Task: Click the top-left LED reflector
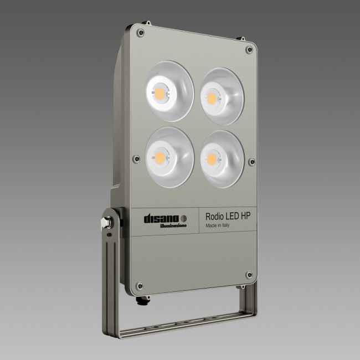(169, 90)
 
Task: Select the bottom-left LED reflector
(169, 157)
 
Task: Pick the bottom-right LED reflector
(222, 158)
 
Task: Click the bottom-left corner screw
(140, 286)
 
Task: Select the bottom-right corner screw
(249, 275)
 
